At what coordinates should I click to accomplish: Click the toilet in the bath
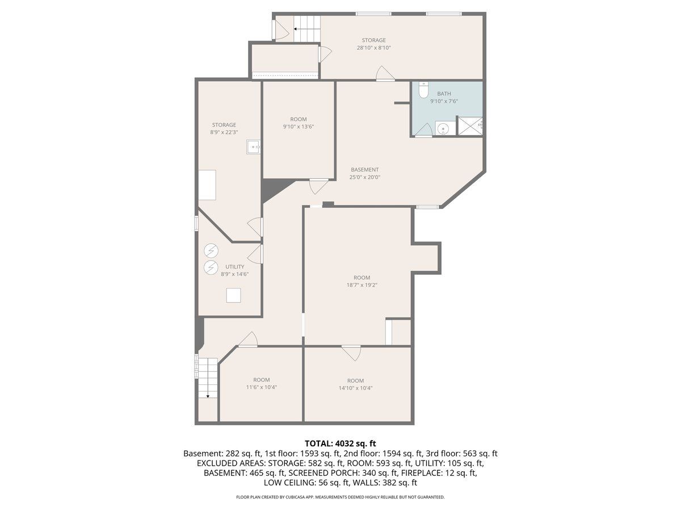point(423,90)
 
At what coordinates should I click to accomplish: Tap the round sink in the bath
point(443,128)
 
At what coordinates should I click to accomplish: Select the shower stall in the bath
point(470,125)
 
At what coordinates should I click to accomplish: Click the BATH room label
point(444,93)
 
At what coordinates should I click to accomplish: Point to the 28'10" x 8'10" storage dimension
point(373,48)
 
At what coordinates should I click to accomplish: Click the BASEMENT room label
point(364,170)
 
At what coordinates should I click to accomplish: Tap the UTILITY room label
point(234,267)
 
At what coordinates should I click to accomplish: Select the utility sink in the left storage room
point(253,146)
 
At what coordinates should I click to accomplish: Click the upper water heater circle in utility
point(211,251)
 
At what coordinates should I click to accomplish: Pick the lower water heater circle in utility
point(211,267)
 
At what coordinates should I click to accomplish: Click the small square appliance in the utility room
point(233,295)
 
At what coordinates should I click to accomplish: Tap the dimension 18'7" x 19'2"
point(361,285)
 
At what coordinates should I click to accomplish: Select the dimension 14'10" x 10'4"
point(355,388)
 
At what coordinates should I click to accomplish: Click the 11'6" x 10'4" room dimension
point(261,387)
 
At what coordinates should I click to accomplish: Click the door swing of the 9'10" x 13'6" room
point(318,186)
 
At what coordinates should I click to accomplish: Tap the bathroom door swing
point(424,129)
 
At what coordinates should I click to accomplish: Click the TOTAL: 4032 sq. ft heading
point(340,443)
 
